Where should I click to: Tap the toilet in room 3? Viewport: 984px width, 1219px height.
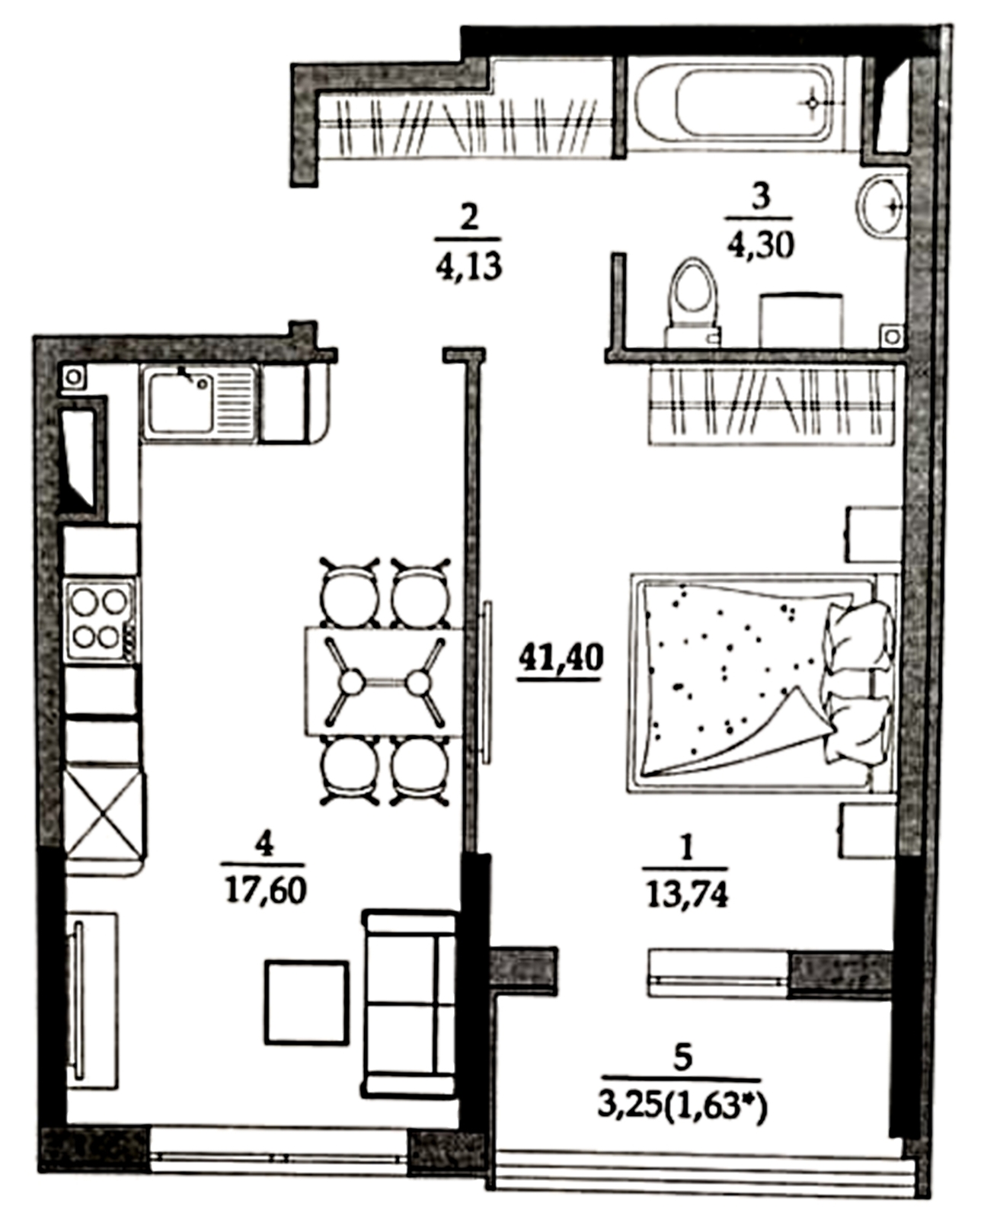[694, 302]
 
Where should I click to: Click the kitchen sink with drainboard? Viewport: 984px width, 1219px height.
[199, 402]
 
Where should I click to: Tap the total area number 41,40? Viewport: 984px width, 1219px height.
[560, 659]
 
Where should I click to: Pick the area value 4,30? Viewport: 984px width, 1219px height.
[760, 247]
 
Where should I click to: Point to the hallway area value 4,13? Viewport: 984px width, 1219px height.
[468, 267]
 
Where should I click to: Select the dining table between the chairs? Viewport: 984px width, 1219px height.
[385, 681]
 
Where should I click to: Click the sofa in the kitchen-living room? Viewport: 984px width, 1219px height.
[410, 1002]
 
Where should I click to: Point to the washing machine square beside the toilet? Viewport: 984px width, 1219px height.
[801, 321]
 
